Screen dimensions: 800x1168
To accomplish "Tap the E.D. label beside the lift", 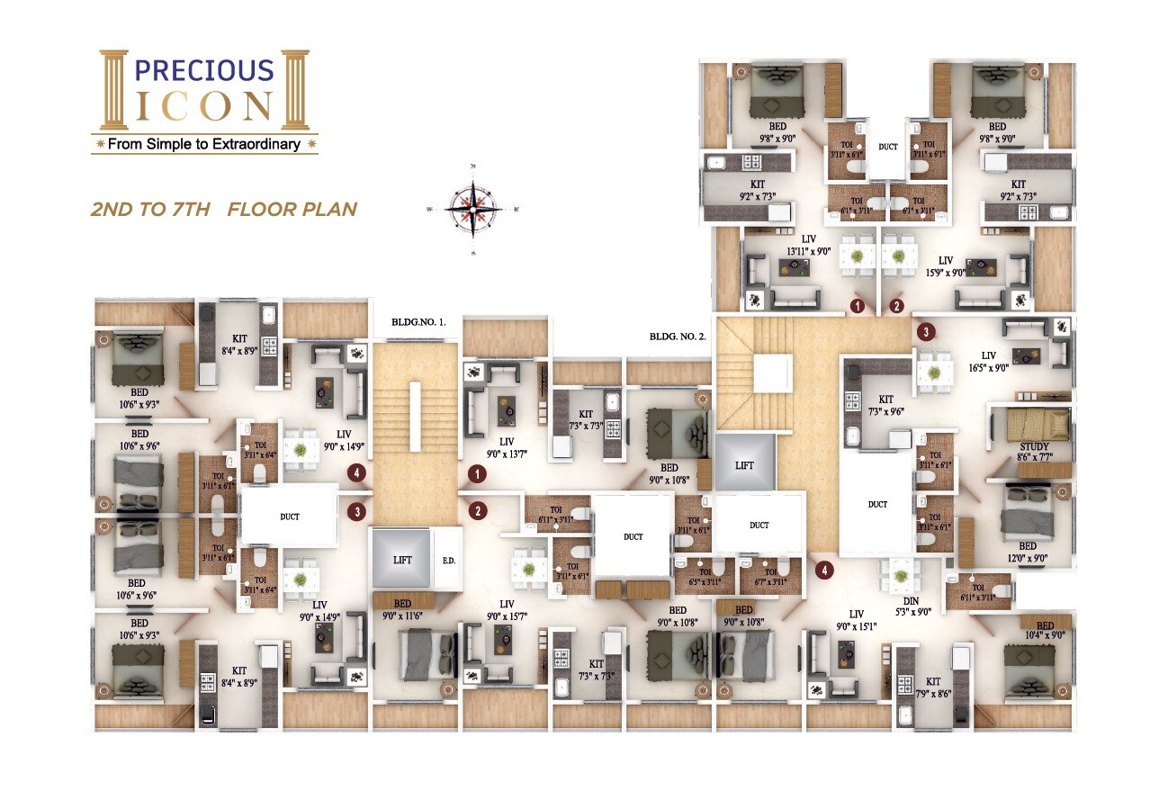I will pos(448,559).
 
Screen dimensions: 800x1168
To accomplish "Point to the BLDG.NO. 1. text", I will pos(425,322).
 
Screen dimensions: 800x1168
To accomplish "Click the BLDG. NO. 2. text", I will pos(678,337).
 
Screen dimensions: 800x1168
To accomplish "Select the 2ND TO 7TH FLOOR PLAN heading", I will pos(224,210).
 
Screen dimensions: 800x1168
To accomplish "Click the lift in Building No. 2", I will pos(744,464).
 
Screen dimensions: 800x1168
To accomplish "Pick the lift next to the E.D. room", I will pos(402,559).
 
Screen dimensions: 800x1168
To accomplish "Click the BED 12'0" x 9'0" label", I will pos(1028,553).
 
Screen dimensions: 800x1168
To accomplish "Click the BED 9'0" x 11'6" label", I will pos(402,610).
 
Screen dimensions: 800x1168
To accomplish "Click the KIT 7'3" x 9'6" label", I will pos(885,404).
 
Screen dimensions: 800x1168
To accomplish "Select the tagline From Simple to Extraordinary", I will pos(204,144).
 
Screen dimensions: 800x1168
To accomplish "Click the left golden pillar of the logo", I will pos(115,90).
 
